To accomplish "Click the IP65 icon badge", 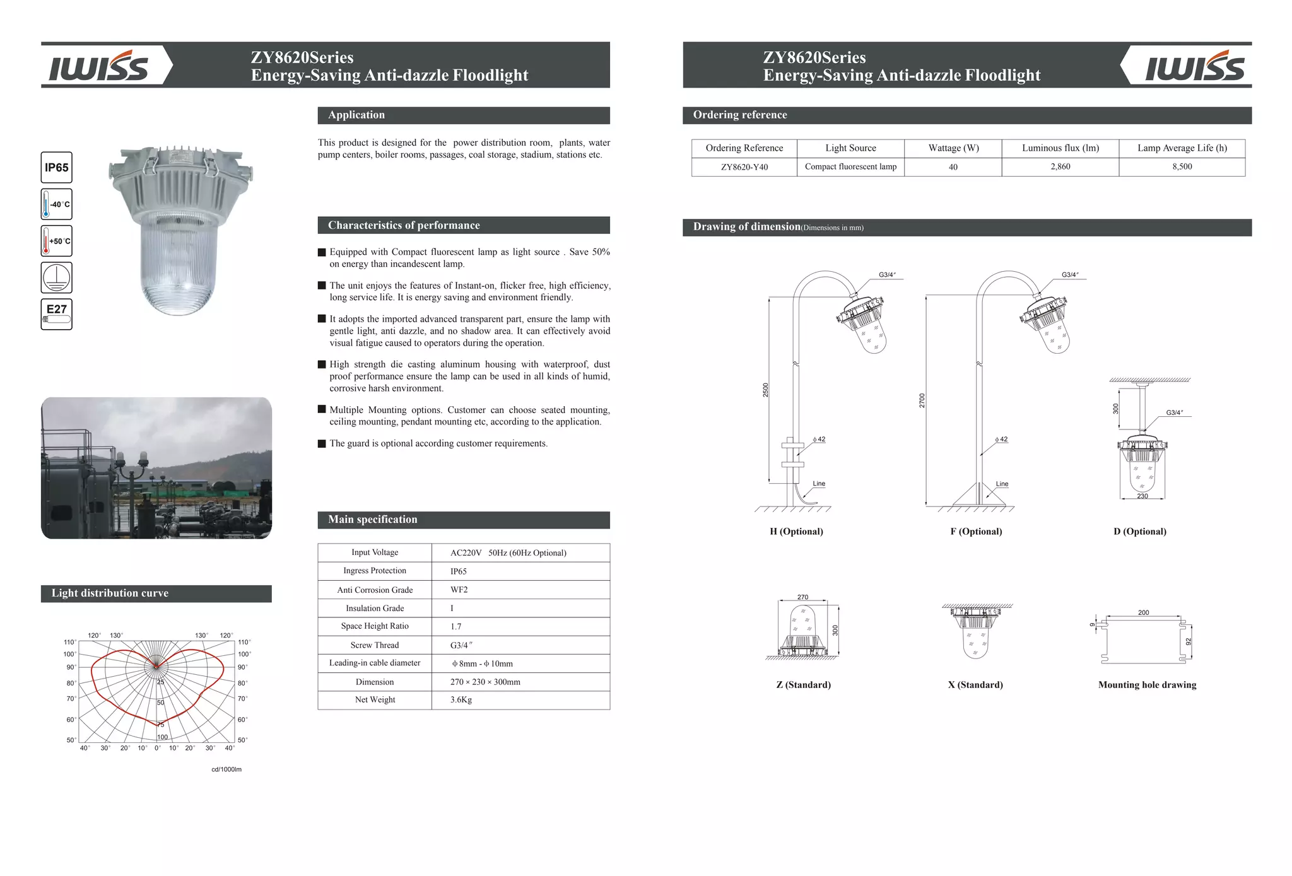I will click(x=56, y=168).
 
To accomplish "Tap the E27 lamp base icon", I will click(x=56, y=314).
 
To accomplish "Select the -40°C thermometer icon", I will click(x=56, y=204).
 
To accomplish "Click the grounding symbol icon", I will click(x=56, y=277).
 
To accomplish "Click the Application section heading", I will click(x=356, y=115).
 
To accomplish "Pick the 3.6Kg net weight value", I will click(x=461, y=700).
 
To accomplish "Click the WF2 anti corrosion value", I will click(x=459, y=590).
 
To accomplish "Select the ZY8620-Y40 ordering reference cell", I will click(x=744, y=167).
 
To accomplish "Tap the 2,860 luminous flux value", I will click(x=1060, y=166).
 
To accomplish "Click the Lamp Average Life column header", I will click(x=1182, y=148).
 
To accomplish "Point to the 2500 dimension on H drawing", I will click(x=765, y=390).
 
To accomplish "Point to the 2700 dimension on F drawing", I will click(x=922, y=400).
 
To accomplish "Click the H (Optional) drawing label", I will click(x=796, y=532).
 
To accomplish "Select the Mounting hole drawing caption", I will click(x=1146, y=685).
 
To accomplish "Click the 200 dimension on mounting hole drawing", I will click(x=1143, y=612).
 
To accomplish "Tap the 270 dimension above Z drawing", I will click(x=802, y=597).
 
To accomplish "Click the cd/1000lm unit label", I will click(x=226, y=769).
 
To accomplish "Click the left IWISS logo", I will click(x=99, y=66).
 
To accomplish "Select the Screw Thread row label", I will click(x=375, y=645).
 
